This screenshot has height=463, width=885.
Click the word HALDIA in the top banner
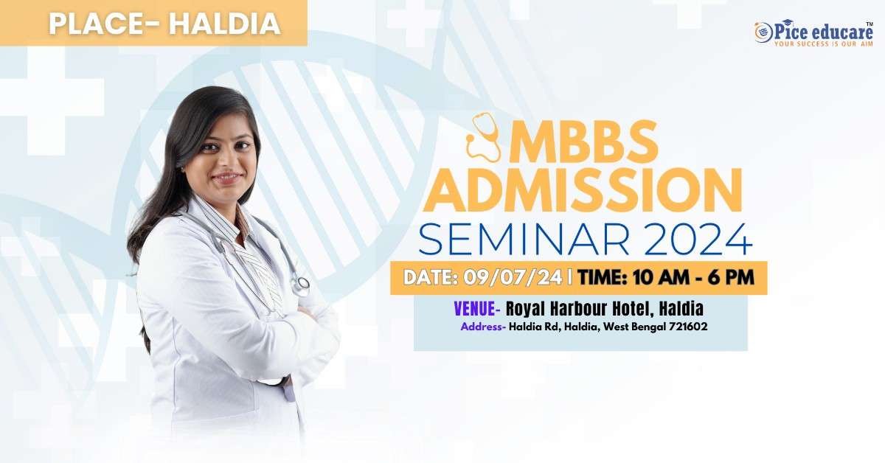point(225,24)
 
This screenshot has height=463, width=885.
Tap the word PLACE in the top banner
point(95,24)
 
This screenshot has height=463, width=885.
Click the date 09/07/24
point(513,277)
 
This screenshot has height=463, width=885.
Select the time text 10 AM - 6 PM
point(693,277)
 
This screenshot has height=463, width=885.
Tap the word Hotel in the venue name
point(630,309)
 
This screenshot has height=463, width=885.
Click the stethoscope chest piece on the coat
point(303,283)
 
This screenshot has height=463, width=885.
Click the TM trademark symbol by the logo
point(870,24)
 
